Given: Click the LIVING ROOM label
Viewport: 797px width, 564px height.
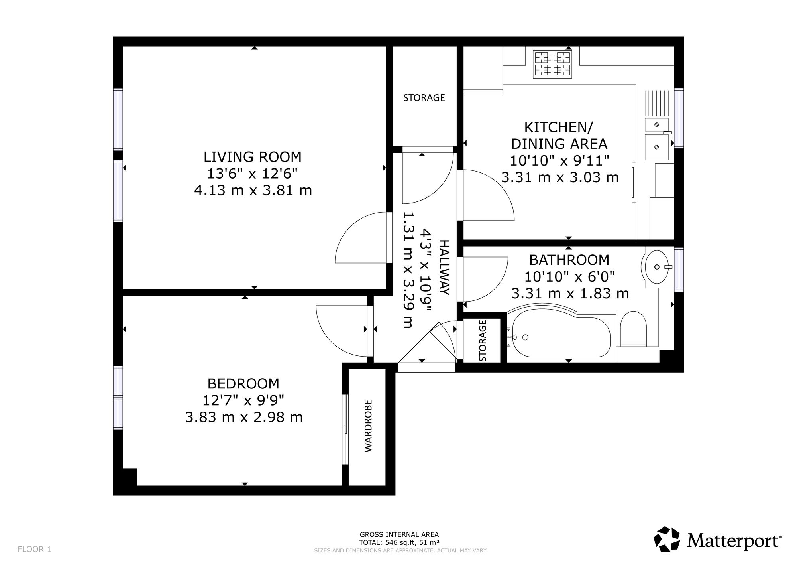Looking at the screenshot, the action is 252,157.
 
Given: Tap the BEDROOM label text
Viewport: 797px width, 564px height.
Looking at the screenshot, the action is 243,384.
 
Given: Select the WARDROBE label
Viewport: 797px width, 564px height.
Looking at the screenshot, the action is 368,426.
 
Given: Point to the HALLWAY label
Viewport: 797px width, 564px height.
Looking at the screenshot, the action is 444,267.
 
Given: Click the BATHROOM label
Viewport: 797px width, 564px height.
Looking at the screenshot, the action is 569,260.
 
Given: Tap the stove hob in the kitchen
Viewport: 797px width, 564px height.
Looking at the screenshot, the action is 553,64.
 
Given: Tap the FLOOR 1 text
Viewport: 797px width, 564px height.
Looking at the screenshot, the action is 35,549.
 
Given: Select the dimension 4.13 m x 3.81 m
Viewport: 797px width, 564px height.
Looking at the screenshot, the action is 253,191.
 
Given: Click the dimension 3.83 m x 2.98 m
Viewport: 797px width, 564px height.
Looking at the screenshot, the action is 244,418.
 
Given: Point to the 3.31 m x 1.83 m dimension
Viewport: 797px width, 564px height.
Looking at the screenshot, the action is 570,294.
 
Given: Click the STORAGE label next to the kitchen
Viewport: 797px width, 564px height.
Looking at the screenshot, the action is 424,98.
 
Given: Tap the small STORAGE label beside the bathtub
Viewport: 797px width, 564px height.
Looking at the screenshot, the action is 483,341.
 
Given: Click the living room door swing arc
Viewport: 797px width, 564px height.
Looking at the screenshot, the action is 347,227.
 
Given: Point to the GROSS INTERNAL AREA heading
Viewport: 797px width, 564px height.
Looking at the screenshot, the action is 399,535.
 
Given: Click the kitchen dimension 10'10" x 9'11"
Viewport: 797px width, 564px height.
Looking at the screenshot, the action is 560,161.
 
